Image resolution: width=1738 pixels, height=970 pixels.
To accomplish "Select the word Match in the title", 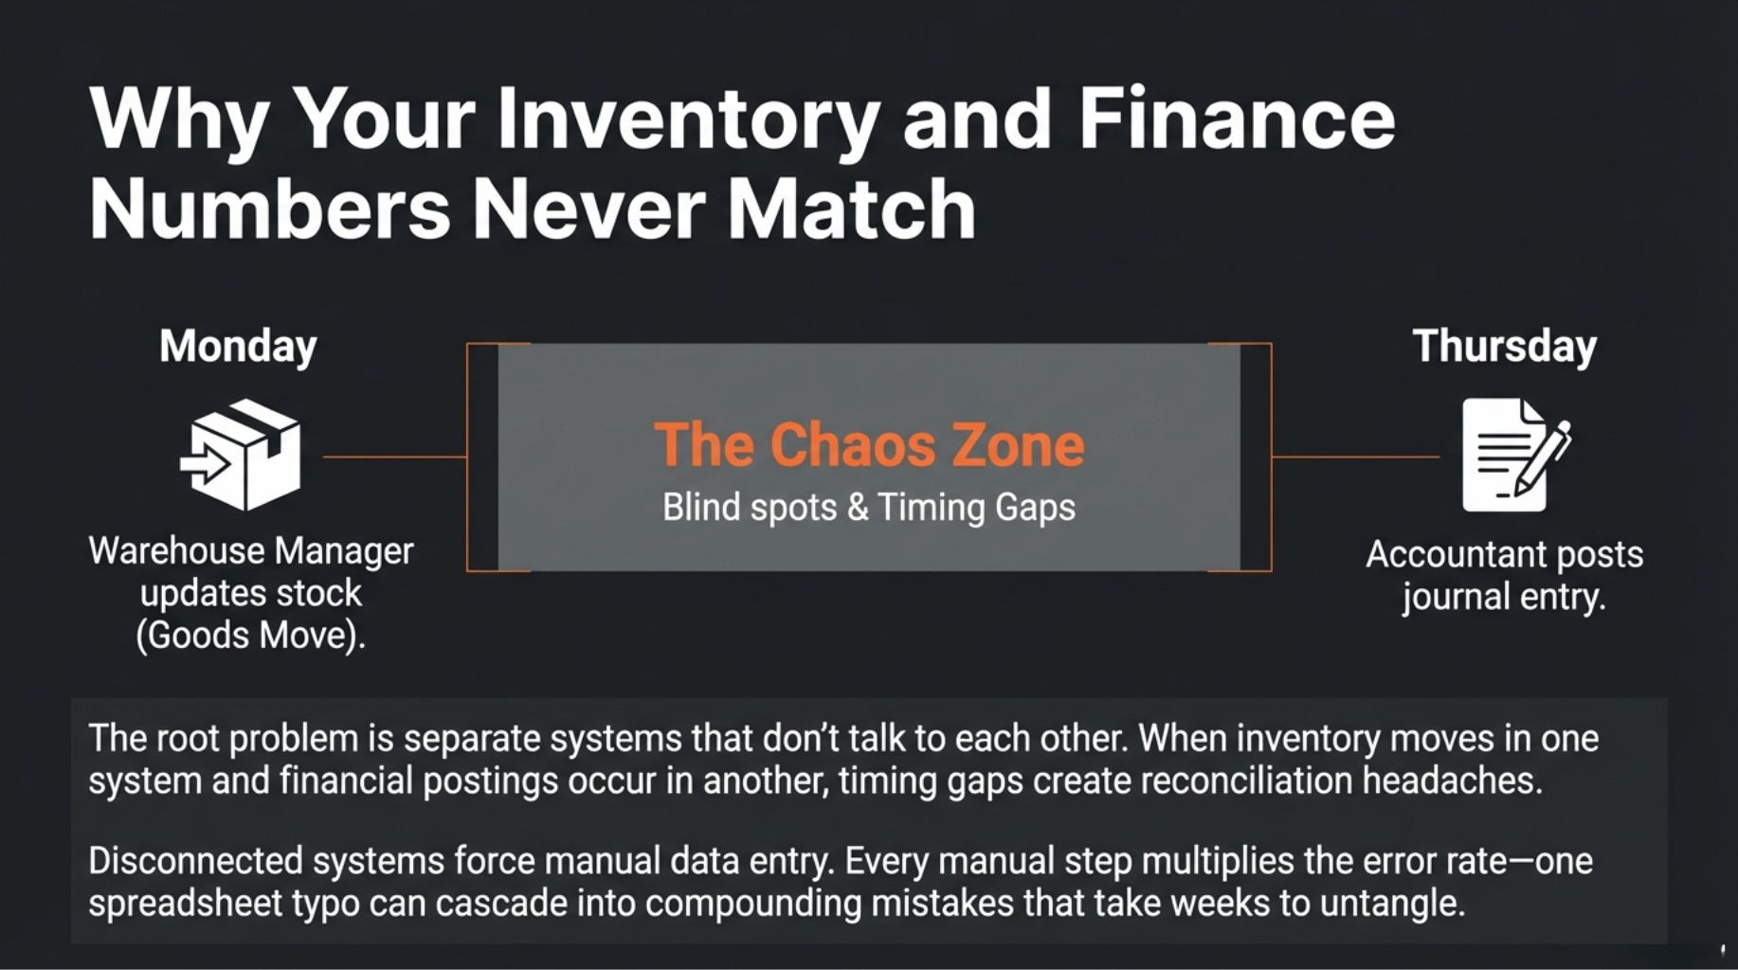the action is coord(851,209).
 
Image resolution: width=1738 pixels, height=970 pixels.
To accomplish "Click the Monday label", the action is coord(238,348).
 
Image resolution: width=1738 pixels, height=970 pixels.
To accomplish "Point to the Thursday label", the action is coord(1504,348).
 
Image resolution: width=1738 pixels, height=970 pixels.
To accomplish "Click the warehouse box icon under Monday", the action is coord(241,455).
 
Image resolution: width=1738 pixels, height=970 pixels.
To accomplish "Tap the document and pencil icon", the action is coord(1515,455).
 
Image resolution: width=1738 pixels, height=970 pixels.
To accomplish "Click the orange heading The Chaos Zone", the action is coord(869,445).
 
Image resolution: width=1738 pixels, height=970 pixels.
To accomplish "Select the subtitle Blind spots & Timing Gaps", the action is coord(869,508).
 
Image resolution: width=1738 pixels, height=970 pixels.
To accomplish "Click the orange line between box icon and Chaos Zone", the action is coord(395,457).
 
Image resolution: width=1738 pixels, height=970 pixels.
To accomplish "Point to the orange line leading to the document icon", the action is coord(1355,457).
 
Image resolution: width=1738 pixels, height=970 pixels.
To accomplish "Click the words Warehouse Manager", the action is coord(251,551).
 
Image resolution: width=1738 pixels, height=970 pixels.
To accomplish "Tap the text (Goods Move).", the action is coord(250,636).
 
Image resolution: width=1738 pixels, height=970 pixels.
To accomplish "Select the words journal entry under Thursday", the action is coord(1504,598).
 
